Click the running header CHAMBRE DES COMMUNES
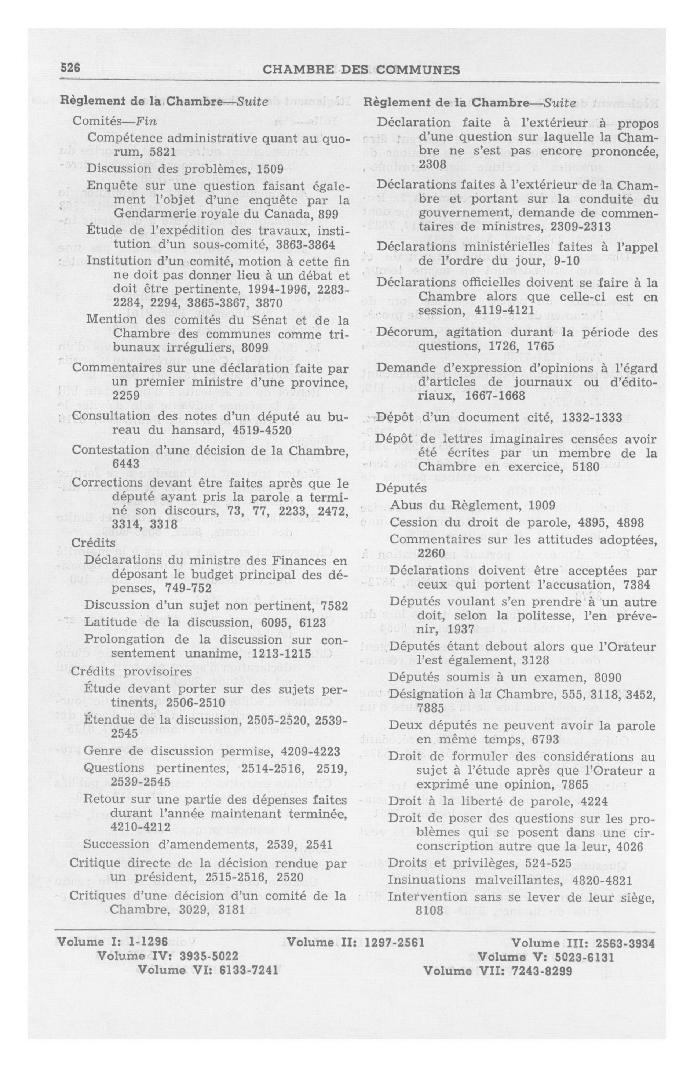point(361,70)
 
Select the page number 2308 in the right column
point(432,164)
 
